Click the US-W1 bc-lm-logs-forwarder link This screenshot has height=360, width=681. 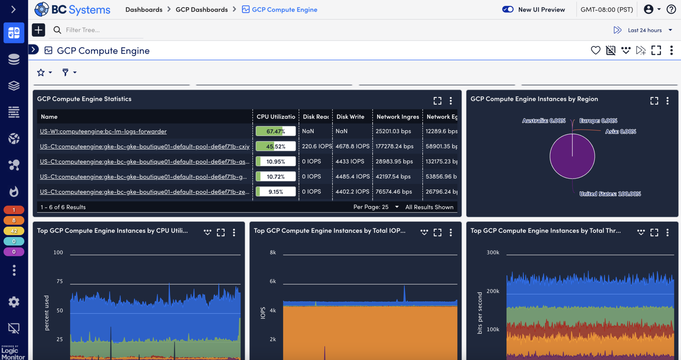[x=103, y=131]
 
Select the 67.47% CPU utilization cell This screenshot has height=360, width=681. [x=276, y=131]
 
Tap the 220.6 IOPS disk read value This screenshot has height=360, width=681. [x=317, y=146]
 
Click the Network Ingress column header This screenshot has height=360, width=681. [x=398, y=117]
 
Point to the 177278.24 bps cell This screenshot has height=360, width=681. [x=394, y=146]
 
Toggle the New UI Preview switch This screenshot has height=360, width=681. [x=508, y=10]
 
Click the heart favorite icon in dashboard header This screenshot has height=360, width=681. [x=596, y=51]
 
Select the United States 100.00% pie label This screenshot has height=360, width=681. [x=610, y=194]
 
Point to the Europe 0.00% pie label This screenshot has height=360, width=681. [x=598, y=121]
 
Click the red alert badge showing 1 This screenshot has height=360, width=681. [x=14, y=210]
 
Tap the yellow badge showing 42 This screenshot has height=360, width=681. [x=14, y=231]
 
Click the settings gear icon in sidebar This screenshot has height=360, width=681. [x=14, y=302]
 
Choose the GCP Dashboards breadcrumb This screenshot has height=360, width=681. [x=202, y=10]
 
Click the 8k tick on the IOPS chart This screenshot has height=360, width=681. [x=273, y=252]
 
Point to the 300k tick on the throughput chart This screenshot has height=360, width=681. [x=493, y=252]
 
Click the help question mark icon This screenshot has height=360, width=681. [x=671, y=10]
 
